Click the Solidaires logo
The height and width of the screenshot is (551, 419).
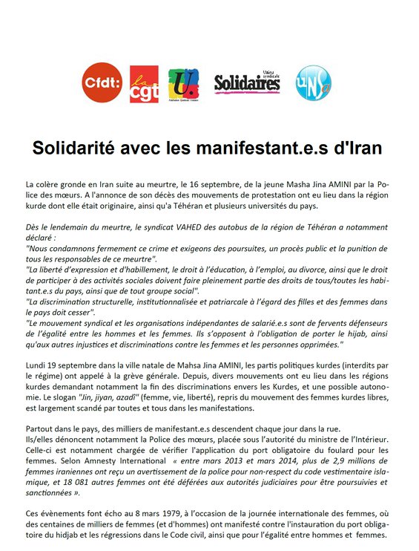coord(247,83)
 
